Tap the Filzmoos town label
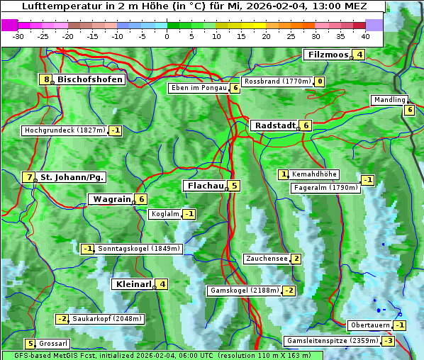(x=328, y=55)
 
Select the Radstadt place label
(x=275, y=125)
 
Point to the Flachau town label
(x=206, y=186)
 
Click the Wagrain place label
(x=111, y=199)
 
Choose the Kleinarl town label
(x=134, y=284)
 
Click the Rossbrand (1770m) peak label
(x=277, y=81)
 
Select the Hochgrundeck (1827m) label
(x=65, y=130)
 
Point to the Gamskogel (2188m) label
(x=245, y=291)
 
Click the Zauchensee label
(x=267, y=259)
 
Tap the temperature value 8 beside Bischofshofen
(x=47, y=79)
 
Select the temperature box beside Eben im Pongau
(x=235, y=88)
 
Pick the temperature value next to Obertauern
(x=401, y=325)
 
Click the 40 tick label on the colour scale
(x=365, y=36)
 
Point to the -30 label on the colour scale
(x=18, y=36)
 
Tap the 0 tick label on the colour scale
(x=167, y=36)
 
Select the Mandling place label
(x=389, y=100)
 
